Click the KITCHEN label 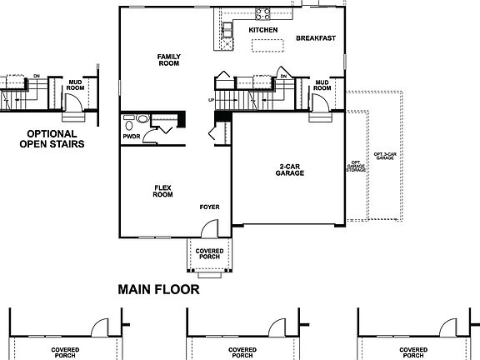click(262, 30)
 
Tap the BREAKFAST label click(316, 37)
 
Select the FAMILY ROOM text click(169, 60)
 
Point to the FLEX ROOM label click(163, 191)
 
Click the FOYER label click(209, 205)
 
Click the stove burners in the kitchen click(262, 13)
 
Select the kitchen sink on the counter click(226, 31)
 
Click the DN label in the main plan click(283, 76)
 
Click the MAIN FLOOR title click(158, 290)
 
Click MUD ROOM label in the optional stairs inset click(75, 84)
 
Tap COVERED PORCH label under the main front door click(208, 254)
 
